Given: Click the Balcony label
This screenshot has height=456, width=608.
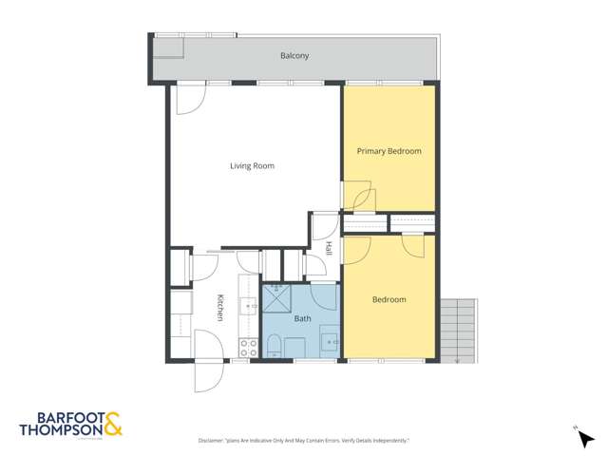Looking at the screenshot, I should [294, 56].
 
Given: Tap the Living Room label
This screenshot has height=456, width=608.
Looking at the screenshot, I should [252, 166].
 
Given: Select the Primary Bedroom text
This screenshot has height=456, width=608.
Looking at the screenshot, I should [389, 151].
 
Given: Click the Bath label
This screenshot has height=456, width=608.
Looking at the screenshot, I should [301, 319].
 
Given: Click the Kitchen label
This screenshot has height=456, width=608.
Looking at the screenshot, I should [218, 306].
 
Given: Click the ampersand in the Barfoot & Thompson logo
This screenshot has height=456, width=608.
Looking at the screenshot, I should [112, 423].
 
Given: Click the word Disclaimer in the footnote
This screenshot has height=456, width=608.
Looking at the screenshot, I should [211, 441].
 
